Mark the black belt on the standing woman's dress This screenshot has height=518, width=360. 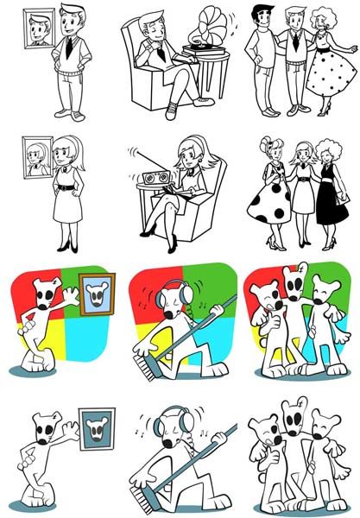pos(65,182)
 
